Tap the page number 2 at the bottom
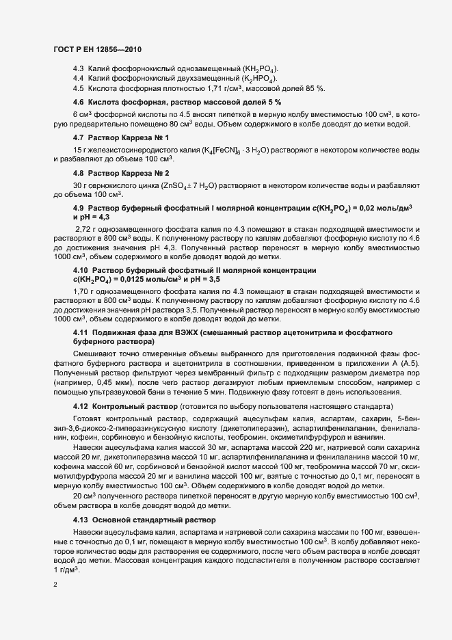pos(55,585)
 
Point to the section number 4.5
pos(78,88)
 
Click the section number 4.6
pos(78,102)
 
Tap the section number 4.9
pos(78,208)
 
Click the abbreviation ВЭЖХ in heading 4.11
pos(184,332)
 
